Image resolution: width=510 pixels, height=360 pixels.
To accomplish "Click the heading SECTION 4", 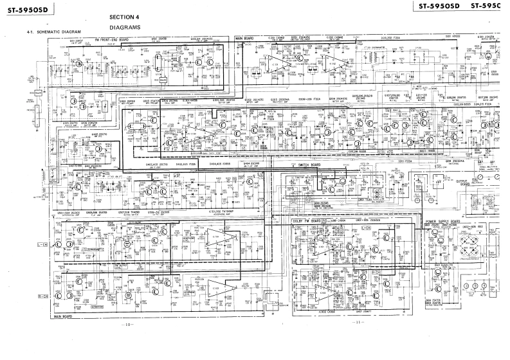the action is click(x=124, y=17).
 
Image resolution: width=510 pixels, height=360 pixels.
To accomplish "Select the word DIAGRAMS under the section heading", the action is click(x=125, y=28).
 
